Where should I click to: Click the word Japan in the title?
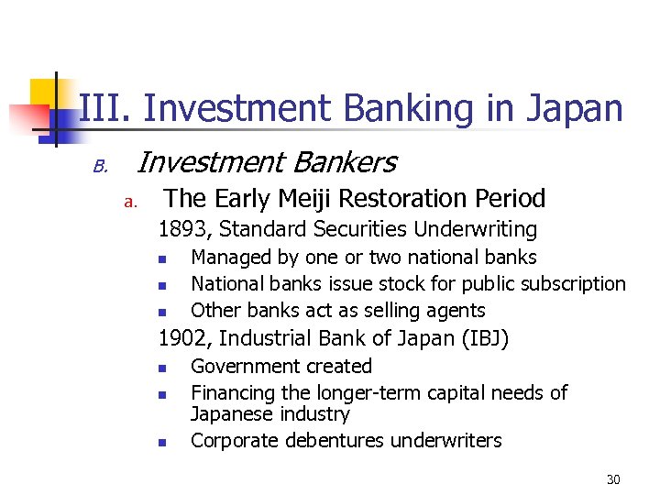pos(575,108)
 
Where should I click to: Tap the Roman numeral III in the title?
pos(106,108)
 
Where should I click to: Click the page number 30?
pos(613,478)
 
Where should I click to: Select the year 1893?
pos(183,229)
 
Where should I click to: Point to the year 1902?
pos(184,339)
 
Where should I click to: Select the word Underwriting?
pos(477,229)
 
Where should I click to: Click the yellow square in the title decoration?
pos(44,92)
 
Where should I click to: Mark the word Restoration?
pos(386,198)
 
